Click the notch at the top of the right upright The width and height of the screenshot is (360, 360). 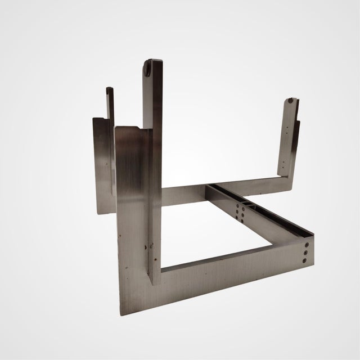[289, 102]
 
